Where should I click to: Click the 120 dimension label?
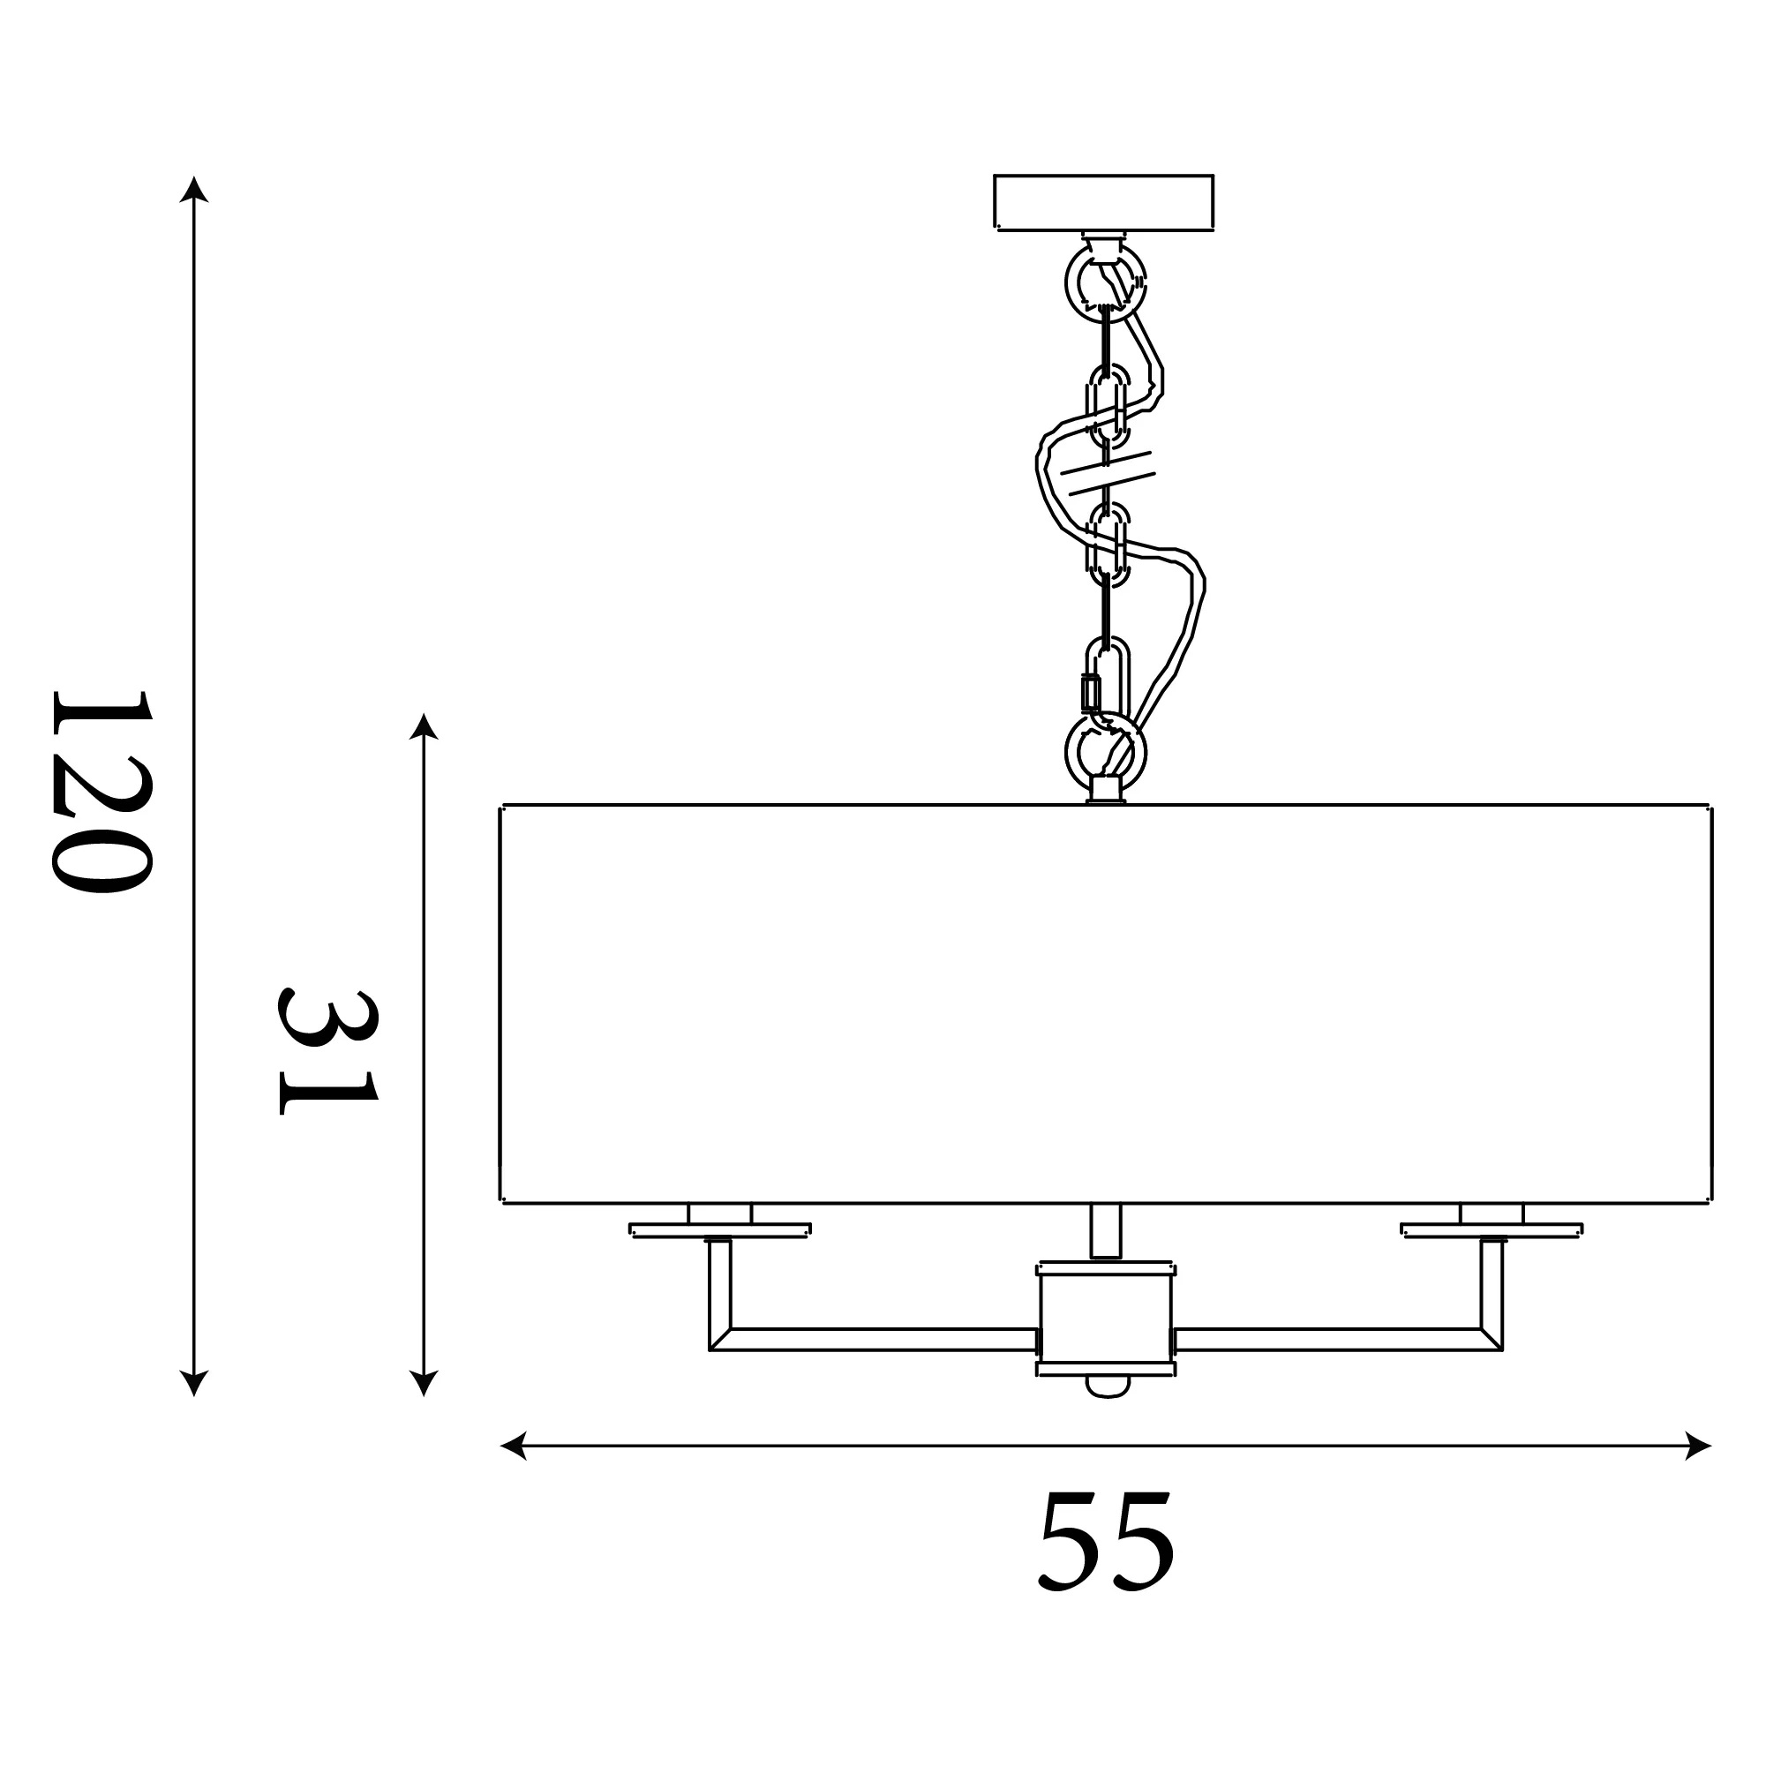(x=100, y=792)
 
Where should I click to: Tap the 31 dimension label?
(x=327, y=1051)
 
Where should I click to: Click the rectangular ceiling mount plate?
(x=1103, y=202)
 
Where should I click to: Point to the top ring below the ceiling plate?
(x=1068, y=283)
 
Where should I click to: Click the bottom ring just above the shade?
(x=1068, y=752)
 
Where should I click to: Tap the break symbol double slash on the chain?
(x=1107, y=472)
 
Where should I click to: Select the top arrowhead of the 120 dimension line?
(x=194, y=189)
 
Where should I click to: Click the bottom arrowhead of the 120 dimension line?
(x=194, y=1383)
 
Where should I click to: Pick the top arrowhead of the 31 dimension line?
(x=424, y=725)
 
